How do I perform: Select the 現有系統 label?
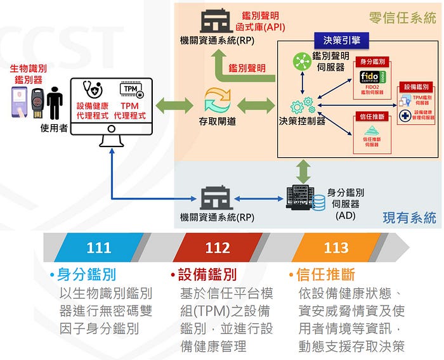(409, 218)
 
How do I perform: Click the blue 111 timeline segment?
(98, 247)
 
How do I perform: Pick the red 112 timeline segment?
(218, 247)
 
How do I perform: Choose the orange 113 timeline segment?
(336, 247)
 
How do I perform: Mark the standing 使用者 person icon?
(53, 105)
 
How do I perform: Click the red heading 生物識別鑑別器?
(29, 74)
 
